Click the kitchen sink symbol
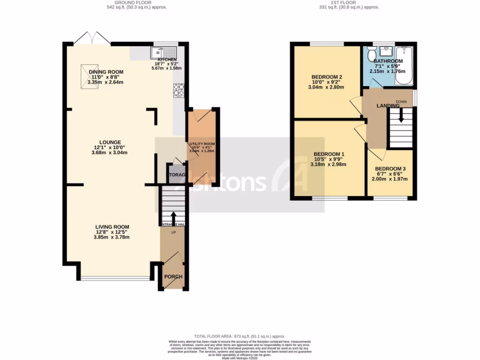pos(164,51)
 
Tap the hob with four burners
pos(179,90)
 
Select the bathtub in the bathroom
pos(404,66)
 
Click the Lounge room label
pos(110,142)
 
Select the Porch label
pos(173,277)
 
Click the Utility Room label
pos(202,144)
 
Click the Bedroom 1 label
pos(329,154)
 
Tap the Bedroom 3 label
pos(390,169)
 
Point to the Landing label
pos(388,106)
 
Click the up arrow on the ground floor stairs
pos(173,217)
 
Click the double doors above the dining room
pos(91,38)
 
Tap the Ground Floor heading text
pos(136,2)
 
